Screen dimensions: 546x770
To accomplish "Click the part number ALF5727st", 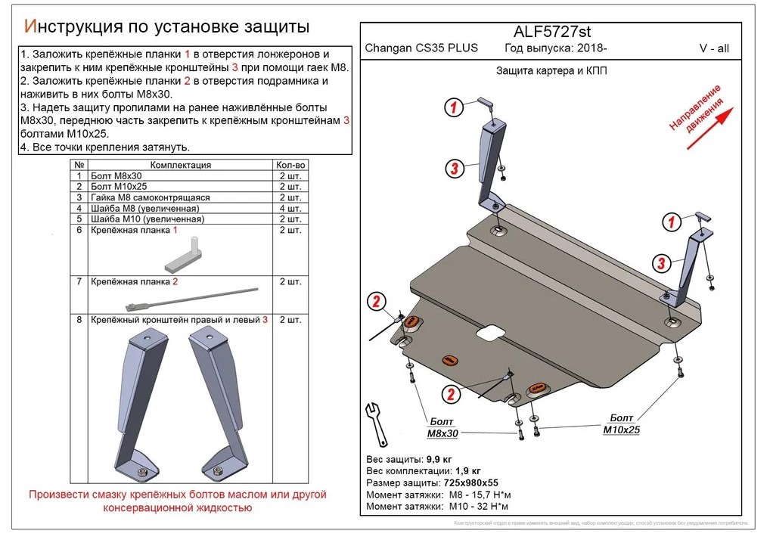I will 552,31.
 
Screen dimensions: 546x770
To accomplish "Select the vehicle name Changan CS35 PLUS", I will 421,48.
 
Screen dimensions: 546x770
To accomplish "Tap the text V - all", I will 714,48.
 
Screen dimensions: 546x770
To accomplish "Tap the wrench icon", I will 375,421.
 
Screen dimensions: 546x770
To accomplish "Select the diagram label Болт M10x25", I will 620,423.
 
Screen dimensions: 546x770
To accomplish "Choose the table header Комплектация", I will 180,165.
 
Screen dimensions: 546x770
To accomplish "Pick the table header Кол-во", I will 290,165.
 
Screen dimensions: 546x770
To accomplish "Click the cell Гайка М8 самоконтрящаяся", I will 150,197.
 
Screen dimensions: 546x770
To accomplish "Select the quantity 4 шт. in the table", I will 290,208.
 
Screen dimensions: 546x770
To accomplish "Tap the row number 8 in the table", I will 79,320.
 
